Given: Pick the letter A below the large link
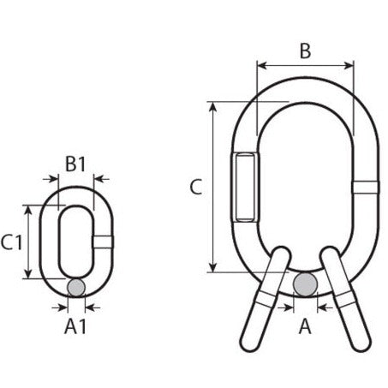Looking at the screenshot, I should tap(305, 325).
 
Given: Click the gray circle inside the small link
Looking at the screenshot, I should tap(75, 287).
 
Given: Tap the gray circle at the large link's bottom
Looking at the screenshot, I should tap(306, 284).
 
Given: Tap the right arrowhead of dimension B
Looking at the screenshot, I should tap(351, 65).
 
